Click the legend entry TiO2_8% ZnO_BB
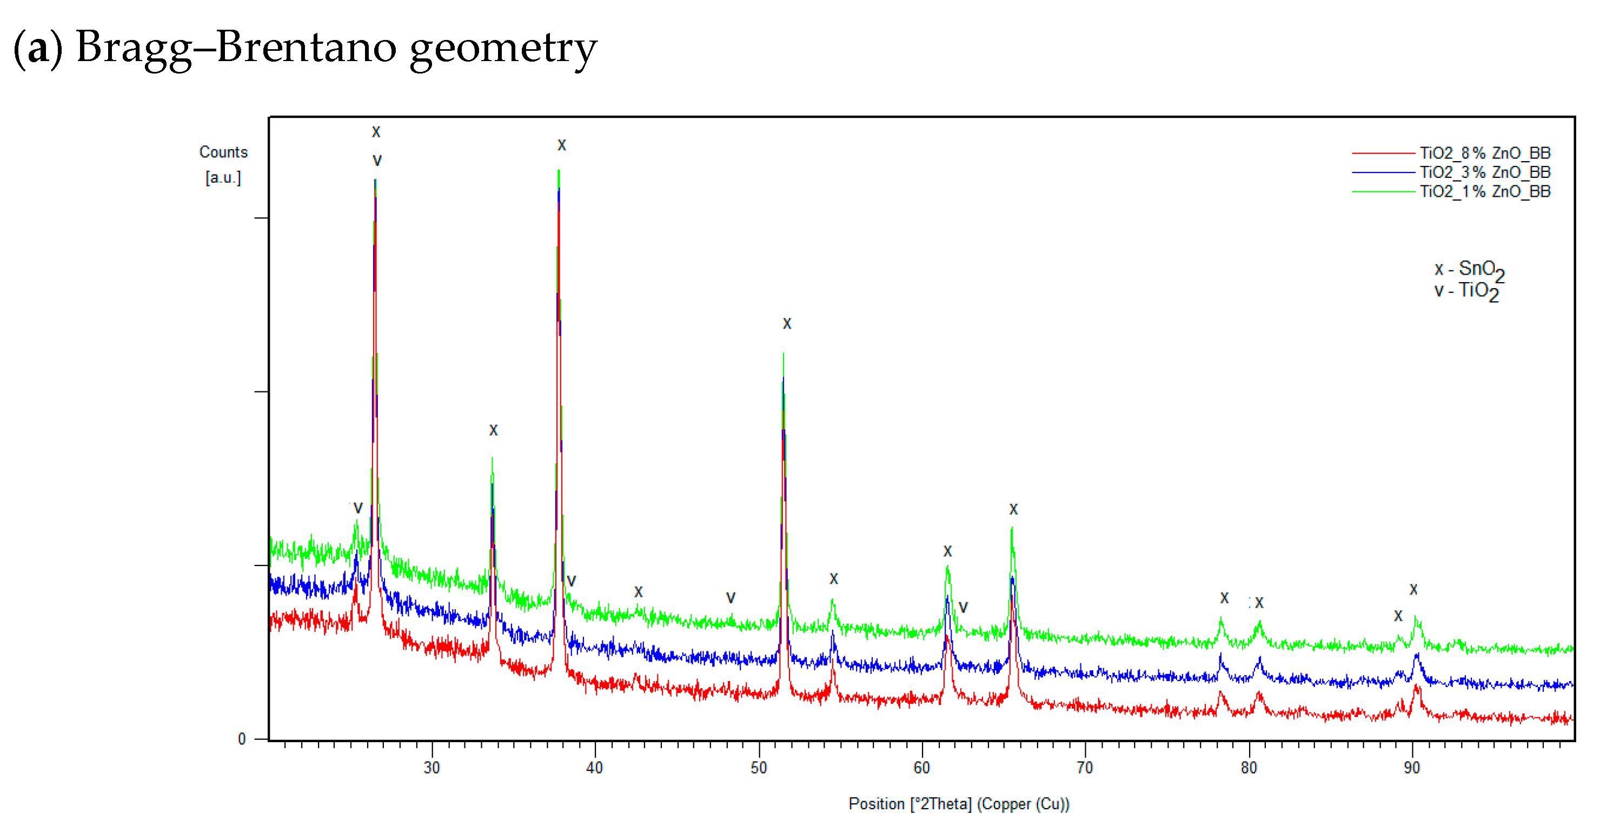pos(1484,153)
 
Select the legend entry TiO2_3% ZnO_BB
pos(1484,172)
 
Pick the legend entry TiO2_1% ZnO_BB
pos(1484,191)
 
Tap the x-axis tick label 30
pos(431,768)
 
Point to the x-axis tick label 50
pos(759,768)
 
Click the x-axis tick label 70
pos(1085,768)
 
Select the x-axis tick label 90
pos(1412,768)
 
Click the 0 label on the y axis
pos(242,739)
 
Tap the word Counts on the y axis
pos(223,152)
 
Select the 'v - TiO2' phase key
pos(1467,291)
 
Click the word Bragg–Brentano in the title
pos(235,47)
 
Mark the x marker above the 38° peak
pos(561,145)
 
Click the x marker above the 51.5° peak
pos(787,323)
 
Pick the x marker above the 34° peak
pos(493,430)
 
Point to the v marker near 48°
pos(731,598)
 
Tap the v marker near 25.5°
pos(358,509)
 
